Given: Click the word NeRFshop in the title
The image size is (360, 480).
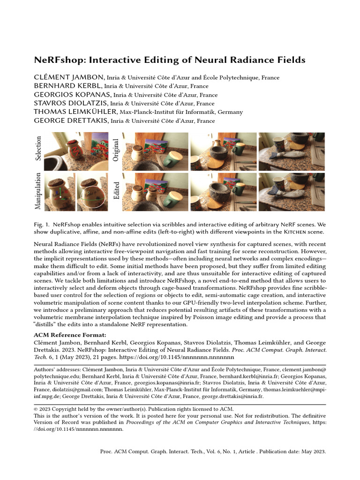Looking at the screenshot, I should pos(57,60).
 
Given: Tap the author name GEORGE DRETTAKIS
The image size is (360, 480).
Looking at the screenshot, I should pos(71,121).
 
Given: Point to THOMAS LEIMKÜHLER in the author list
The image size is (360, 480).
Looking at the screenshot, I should pos(75,112).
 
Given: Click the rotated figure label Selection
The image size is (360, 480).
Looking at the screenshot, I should pos(38,148).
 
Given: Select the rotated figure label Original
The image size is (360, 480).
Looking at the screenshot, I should pos(116,150).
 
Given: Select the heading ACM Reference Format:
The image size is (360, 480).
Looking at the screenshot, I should pos(70,335).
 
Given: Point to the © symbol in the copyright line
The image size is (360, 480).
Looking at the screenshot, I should pos(36,409).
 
